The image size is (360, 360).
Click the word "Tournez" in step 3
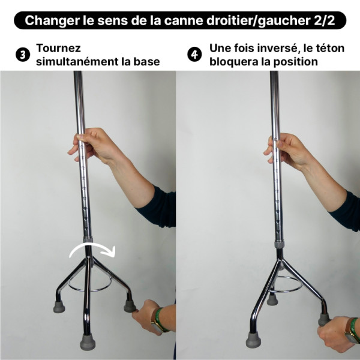coord(58,48)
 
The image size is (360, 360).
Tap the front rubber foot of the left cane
coord(88,342)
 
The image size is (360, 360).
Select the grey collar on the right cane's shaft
coord(279,245)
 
